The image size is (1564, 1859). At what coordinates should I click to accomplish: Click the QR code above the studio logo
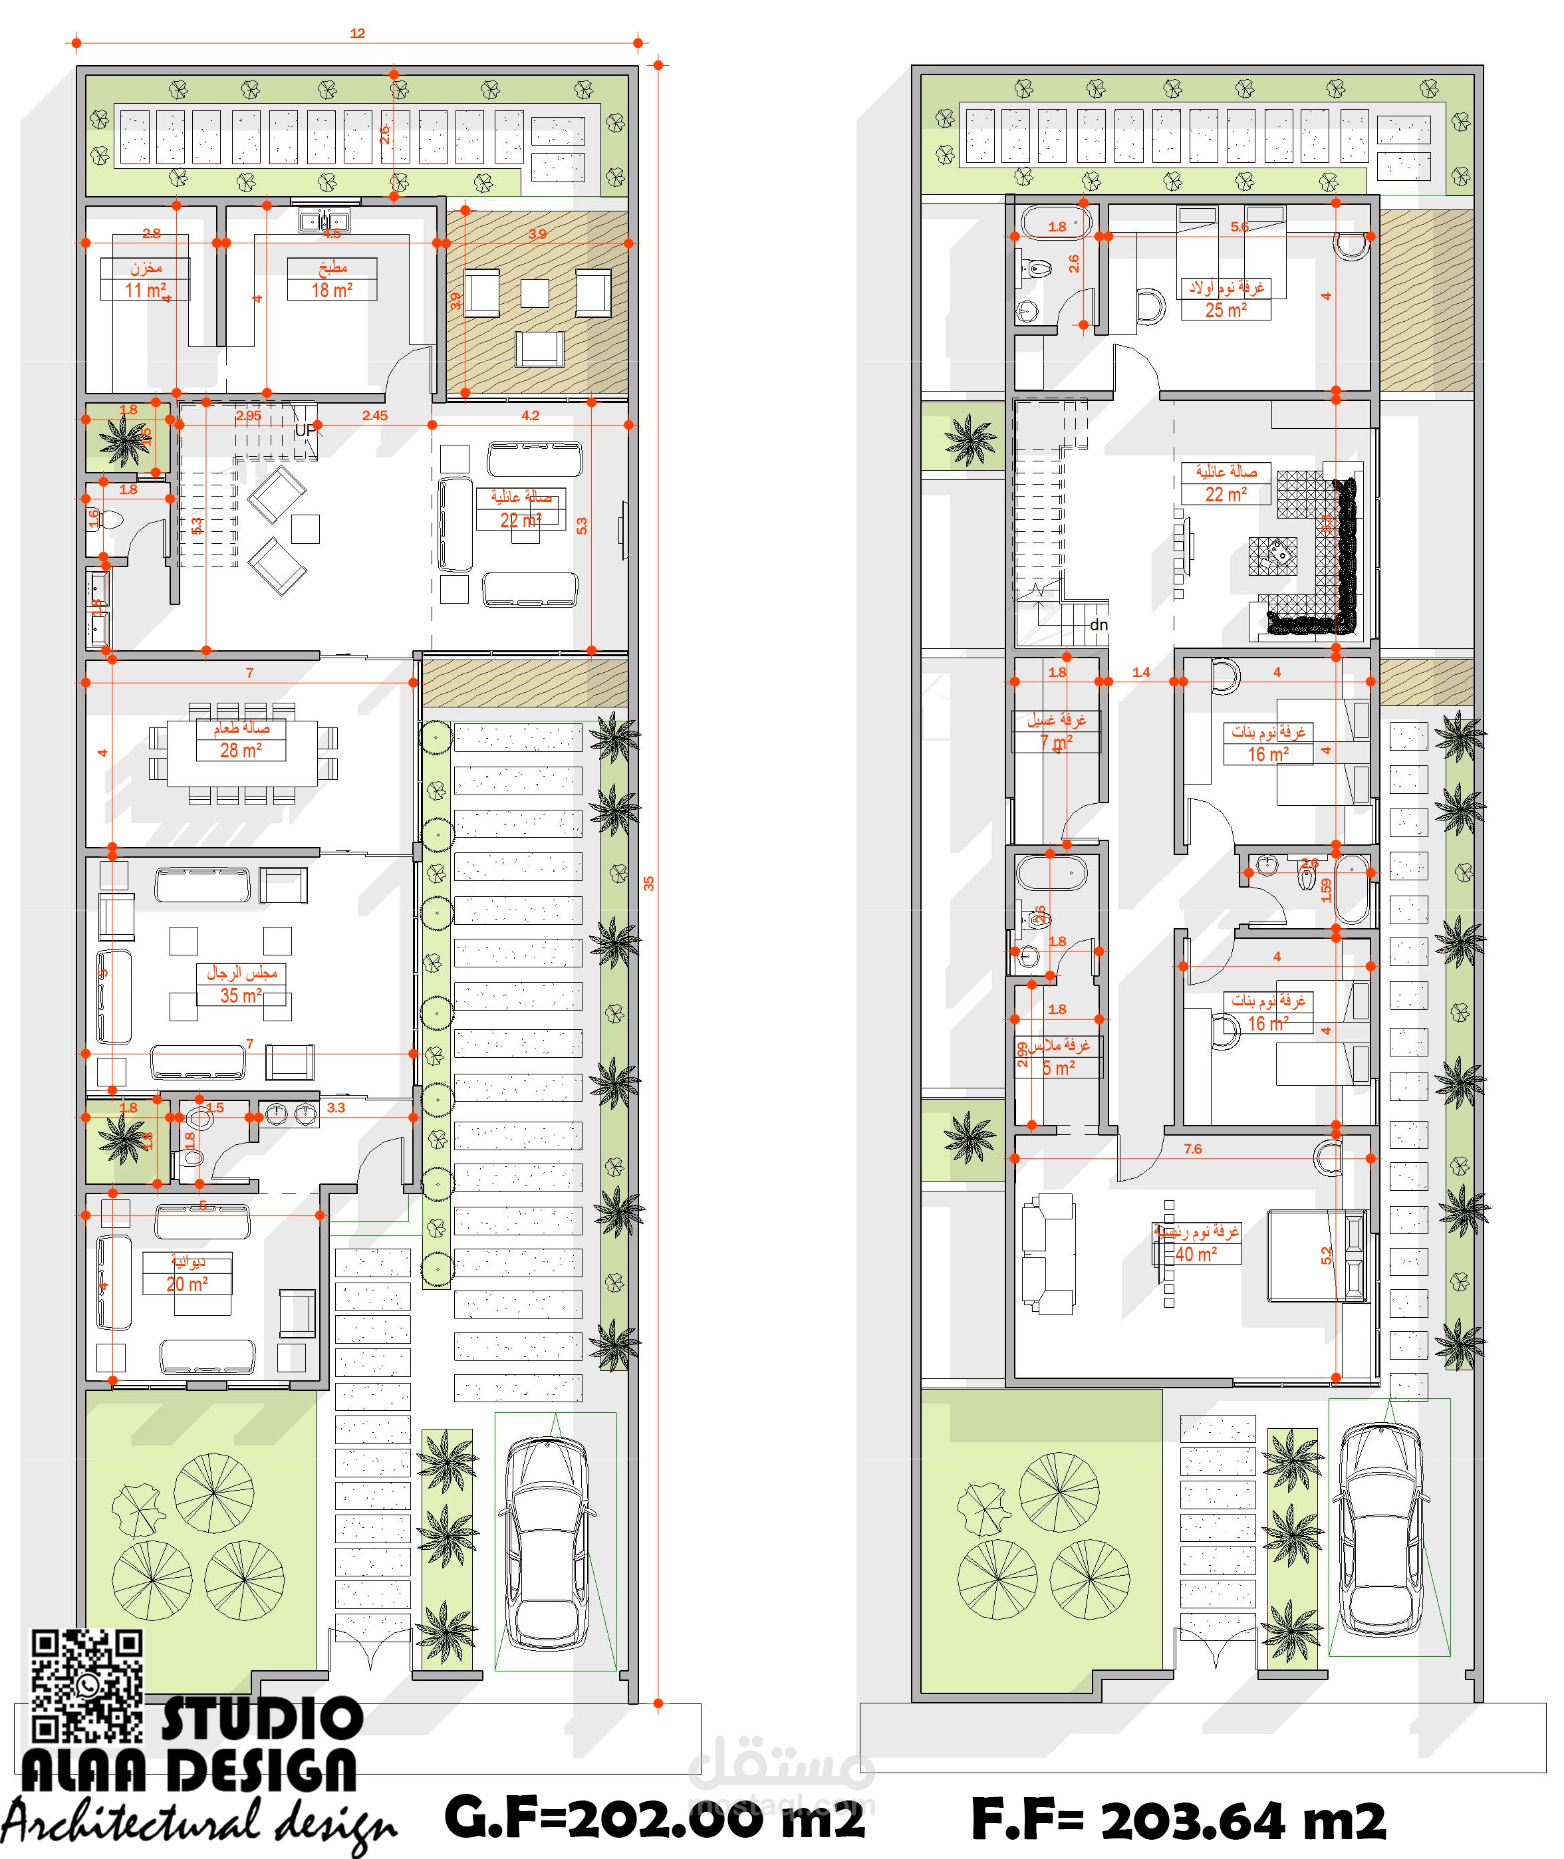tap(87, 1684)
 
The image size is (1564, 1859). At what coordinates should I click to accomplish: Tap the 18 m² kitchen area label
tap(332, 290)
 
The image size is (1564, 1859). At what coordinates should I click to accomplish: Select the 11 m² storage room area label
tap(144, 290)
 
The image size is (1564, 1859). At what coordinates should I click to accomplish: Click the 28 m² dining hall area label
tap(240, 750)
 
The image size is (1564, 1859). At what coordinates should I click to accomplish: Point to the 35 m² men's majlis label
tap(240, 995)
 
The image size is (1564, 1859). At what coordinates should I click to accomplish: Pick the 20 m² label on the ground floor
tap(187, 1284)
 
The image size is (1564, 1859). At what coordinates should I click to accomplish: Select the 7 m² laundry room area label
tap(1056, 741)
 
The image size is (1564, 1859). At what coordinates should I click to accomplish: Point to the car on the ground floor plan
tap(546, 1543)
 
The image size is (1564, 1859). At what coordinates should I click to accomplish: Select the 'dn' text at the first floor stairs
tap(1099, 625)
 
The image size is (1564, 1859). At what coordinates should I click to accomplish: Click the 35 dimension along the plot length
tap(649, 883)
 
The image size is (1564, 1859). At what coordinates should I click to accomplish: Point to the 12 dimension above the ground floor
tap(357, 34)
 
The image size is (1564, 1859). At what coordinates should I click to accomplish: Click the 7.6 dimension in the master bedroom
tap(1192, 1149)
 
